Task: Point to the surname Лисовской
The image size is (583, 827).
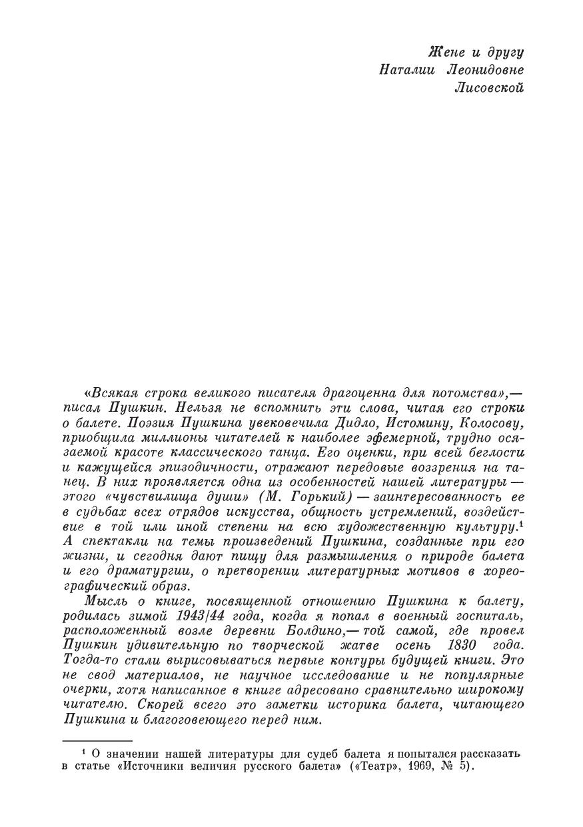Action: pyautogui.click(x=489, y=87)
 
